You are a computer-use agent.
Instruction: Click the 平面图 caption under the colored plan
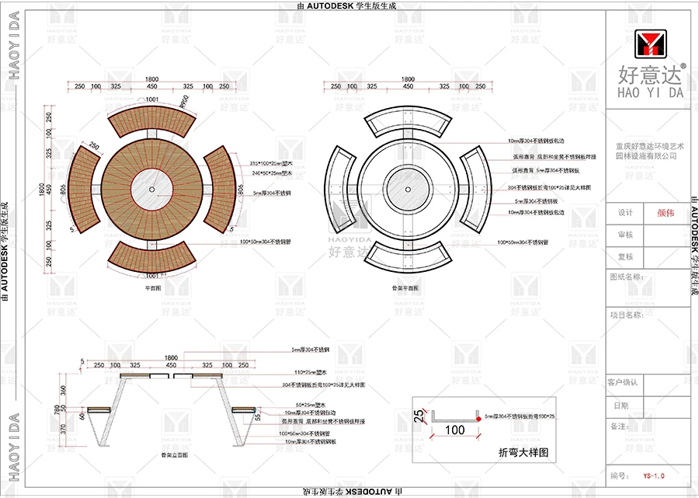click(x=152, y=288)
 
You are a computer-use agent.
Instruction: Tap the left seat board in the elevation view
click(x=97, y=409)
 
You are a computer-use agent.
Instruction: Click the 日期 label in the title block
click(x=621, y=405)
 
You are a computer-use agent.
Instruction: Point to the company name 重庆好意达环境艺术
click(x=651, y=145)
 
